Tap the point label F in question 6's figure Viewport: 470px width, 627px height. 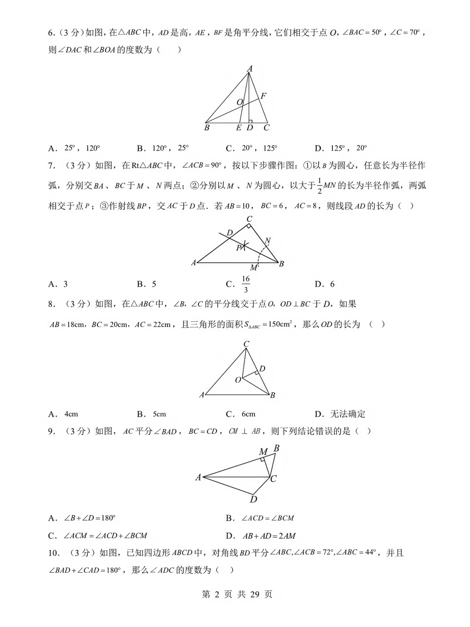click(263, 96)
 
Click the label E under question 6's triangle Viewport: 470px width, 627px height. click(238, 128)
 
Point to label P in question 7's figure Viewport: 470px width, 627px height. click(238, 248)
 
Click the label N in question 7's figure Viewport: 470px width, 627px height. click(268, 241)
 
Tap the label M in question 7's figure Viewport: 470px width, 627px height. click(253, 268)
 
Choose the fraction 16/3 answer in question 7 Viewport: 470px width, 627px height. click(245, 284)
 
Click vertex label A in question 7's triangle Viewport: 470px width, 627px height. click(194, 263)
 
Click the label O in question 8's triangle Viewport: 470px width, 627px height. click(238, 380)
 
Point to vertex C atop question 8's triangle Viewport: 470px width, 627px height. click(246, 344)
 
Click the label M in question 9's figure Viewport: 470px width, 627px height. click(263, 452)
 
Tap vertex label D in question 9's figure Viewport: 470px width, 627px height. click(253, 499)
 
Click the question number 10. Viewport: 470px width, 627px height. click(53, 553)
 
